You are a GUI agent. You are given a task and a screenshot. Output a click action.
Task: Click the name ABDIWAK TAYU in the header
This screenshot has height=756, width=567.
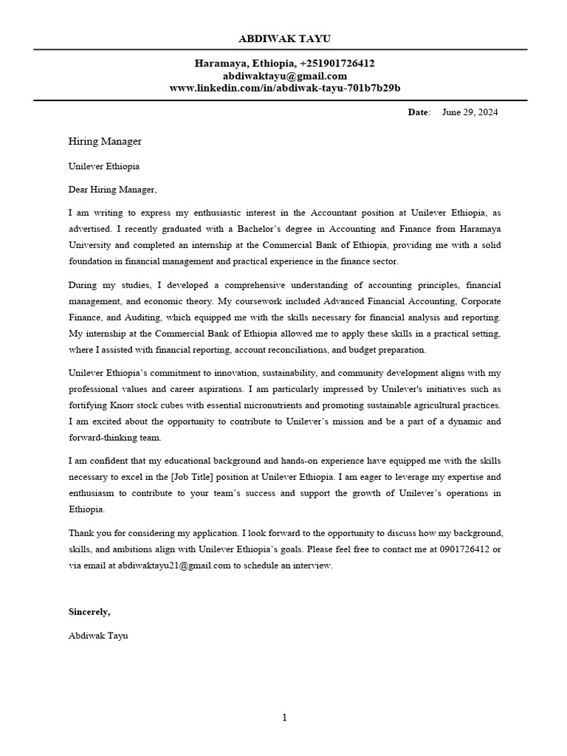pyautogui.click(x=284, y=38)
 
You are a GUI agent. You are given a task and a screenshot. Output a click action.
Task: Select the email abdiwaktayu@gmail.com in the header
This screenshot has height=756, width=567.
pyautogui.click(x=284, y=76)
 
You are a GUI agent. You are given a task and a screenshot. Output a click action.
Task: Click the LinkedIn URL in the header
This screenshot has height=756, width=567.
pyautogui.click(x=284, y=88)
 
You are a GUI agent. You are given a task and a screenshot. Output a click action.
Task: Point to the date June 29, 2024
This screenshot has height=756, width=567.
pyautogui.click(x=470, y=112)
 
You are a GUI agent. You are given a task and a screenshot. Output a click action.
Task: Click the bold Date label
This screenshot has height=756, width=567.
pyautogui.click(x=417, y=112)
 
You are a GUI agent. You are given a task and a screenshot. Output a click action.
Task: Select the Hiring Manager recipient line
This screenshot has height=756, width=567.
pyautogui.click(x=105, y=141)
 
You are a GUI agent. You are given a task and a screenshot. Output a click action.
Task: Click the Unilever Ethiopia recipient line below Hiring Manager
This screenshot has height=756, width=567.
pyautogui.click(x=104, y=167)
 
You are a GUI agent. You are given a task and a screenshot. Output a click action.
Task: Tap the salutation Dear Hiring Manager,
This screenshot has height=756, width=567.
pyautogui.click(x=113, y=190)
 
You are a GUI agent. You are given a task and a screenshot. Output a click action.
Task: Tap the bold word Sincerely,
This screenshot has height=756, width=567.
pyautogui.click(x=89, y=611)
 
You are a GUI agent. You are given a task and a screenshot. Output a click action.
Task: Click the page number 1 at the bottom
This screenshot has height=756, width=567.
pyautogui.click(x=284, y=718)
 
